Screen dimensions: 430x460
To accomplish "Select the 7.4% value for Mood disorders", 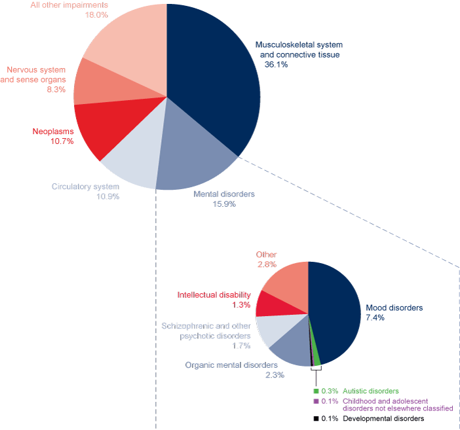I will coord(375,318).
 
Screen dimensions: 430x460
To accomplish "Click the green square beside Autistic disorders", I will coord(316,391).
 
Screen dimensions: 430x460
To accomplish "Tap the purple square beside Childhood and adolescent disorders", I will coord(316,401).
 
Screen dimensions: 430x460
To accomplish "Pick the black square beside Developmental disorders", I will coord(316,418).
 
